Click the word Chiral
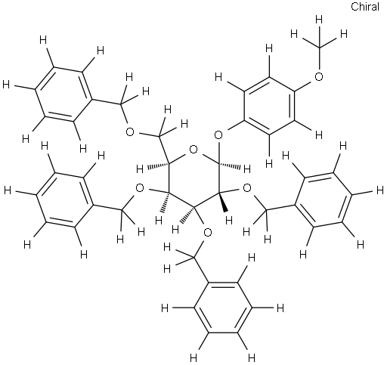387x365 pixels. tap(365, 7)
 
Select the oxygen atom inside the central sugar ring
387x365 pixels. tap(193, 150)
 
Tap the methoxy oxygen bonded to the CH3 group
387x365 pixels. tap(319, 76)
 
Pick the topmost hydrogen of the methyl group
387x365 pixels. tap(319, 20)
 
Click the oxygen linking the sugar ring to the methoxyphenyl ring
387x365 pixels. tap(218, 135)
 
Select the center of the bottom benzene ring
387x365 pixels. tap(223, 308)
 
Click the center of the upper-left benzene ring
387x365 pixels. tap(63, 94)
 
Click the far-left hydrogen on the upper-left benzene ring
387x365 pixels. tap(6, 85)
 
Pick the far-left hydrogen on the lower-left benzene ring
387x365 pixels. tap(8, 190)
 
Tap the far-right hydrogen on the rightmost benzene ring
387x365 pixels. tap(380, 190)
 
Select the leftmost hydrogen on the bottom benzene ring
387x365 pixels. tap(165, 308)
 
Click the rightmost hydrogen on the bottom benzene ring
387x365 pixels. tap(280, 308)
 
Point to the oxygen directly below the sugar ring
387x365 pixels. tap(207, 233)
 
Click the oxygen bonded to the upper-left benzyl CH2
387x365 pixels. tap(130, 131)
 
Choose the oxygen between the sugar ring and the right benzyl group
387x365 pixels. tap(247, 188)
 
